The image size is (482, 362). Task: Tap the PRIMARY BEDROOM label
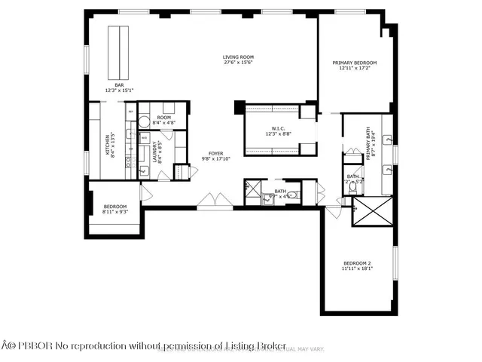355,63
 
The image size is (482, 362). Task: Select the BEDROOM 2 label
358,264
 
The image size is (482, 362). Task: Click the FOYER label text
216,154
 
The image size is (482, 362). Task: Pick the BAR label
119,85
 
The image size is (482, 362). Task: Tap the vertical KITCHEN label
106,144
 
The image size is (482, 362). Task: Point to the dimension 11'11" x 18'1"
358,269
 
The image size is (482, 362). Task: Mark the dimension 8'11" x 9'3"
115,211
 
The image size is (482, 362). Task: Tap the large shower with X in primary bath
373,210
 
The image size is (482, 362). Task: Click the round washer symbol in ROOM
144,121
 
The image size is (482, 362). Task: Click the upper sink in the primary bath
388,140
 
